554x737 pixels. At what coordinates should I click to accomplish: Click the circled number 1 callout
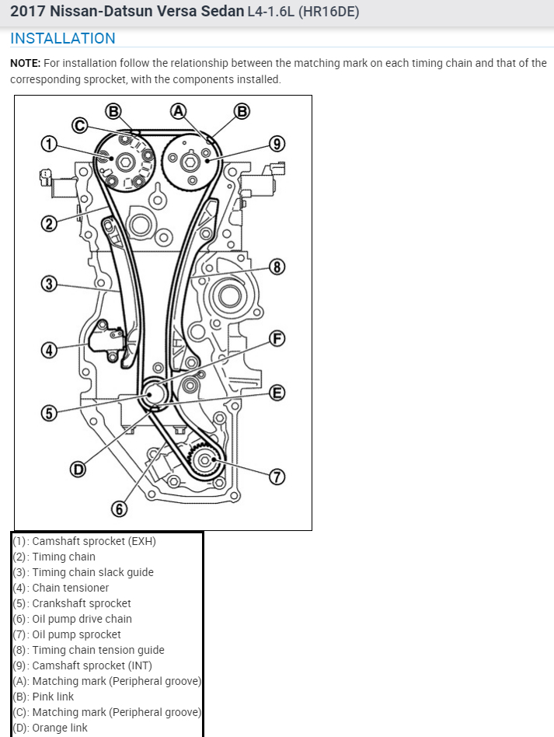point(49,144)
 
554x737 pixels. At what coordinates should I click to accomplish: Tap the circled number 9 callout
point(277,143)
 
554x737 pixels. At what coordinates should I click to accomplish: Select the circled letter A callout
point(179,110)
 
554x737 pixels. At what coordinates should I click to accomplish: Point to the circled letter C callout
point(79,124)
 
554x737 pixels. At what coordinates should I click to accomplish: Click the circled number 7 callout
point(277,477)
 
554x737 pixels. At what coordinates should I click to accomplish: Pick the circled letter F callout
point(277,338)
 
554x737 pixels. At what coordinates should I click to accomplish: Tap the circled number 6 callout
point(119,509)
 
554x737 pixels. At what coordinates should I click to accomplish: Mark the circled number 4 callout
point(49,350)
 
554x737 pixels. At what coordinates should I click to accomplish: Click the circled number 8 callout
point(277,267)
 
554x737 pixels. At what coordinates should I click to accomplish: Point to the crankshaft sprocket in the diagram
point(155,393)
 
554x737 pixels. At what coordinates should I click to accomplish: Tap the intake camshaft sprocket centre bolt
point(188,161)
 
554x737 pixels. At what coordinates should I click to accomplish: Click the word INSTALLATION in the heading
point(63,38)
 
